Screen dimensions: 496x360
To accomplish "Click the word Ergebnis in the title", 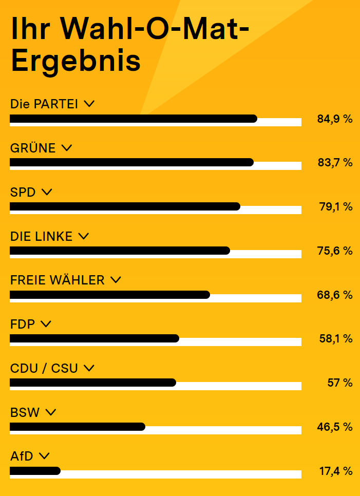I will pyautogui.click(x=75, y=62).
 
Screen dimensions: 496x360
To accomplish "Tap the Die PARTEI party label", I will pyautogui.click(x=44, y=104).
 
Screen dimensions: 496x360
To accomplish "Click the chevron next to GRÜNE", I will pyautogui.click(x=66, y=148).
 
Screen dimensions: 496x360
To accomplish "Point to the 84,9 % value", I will pyautogui.click(x=335, y=119).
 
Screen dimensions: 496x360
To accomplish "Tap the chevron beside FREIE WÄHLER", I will pyautogui.click(x=116, y=280).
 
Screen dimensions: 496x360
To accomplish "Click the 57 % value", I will pyautogui.click(x=340, y=383).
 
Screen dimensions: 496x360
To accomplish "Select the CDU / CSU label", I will pyautogui.click(x=44, y=368).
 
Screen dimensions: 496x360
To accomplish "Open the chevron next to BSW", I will pyautogui.click(x=50, y=412).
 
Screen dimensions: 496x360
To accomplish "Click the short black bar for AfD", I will pyautogui.click(x=35, y=470).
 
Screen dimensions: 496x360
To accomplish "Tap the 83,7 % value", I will pyautogui.click(x=335, y=163).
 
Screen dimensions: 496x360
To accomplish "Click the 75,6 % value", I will pyautogui.click(x=335, y=251).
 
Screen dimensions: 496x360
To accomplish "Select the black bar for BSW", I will pyautogui.click(x=77, y=427).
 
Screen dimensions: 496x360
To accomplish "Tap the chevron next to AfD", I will pyautogui.click(x=44, y=455).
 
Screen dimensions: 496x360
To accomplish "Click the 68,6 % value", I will pyautogui.click(x=335, y=295).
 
